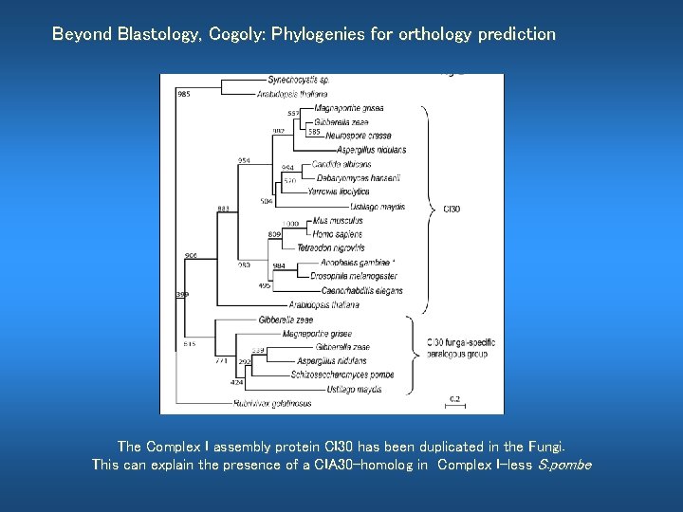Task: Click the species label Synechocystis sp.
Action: tap(298, 81)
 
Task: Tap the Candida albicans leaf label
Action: tap(341, 164)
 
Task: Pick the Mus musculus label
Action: tap(337, 220)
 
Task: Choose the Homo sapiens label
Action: tap(337, 234)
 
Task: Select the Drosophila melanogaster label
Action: tap(354, 276)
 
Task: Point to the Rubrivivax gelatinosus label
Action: tap(272, 403)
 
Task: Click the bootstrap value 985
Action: tap(183, 93)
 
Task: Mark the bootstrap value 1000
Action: tap(290, 223)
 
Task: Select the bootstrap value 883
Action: tap(224, 209)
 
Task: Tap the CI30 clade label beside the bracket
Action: tap(452, 209)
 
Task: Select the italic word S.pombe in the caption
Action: tap(564, 465)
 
